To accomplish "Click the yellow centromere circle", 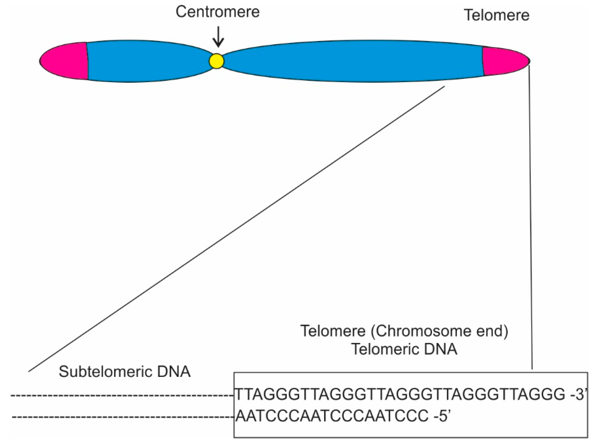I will click(216, 61).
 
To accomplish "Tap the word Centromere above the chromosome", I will click(218, 12).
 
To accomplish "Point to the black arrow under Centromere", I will click(218, 36).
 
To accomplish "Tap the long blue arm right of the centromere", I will click(351, 61).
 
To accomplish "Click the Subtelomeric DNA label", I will click(125, 372).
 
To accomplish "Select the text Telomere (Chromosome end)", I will click(404, 331).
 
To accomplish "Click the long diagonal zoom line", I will click(237, 229).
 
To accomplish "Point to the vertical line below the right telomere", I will click(531, 216).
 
